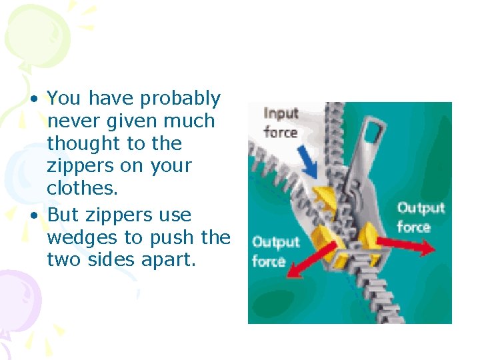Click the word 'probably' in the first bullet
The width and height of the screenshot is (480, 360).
(x=180, y=99)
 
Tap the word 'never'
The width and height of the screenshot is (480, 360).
(x=70, y=121)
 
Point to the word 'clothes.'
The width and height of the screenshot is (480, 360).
(x=82, y=189)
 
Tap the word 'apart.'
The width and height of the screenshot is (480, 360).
(x=167, y=259)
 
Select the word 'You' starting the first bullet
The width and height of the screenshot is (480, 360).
(x=64, y=99)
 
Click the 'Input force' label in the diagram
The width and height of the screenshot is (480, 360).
(x=280, y=122)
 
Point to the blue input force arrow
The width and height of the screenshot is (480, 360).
(x=308, y=161)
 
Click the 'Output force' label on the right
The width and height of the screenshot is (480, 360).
(x=421, y=217)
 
